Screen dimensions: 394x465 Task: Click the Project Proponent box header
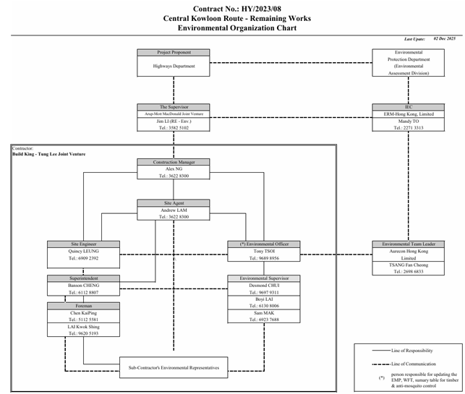pos(173,52)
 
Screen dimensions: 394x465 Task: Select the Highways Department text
pos(173,65)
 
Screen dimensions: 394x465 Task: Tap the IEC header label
pos(409,106)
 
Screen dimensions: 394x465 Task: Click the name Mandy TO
pos(409,121)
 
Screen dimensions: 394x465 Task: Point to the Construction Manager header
pos(173,162)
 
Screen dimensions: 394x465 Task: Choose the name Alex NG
pos(173,168)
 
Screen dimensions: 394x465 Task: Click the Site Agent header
pos(173,203)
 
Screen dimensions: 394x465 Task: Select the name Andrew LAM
pos(173,210)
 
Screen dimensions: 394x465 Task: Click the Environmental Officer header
pos(263,244)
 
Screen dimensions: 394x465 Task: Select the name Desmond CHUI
pos(263,286)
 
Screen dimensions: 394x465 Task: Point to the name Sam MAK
pos(263,312)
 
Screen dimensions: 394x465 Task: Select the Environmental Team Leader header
pos(409,244)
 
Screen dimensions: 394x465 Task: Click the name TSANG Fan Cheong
pos(409,265)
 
